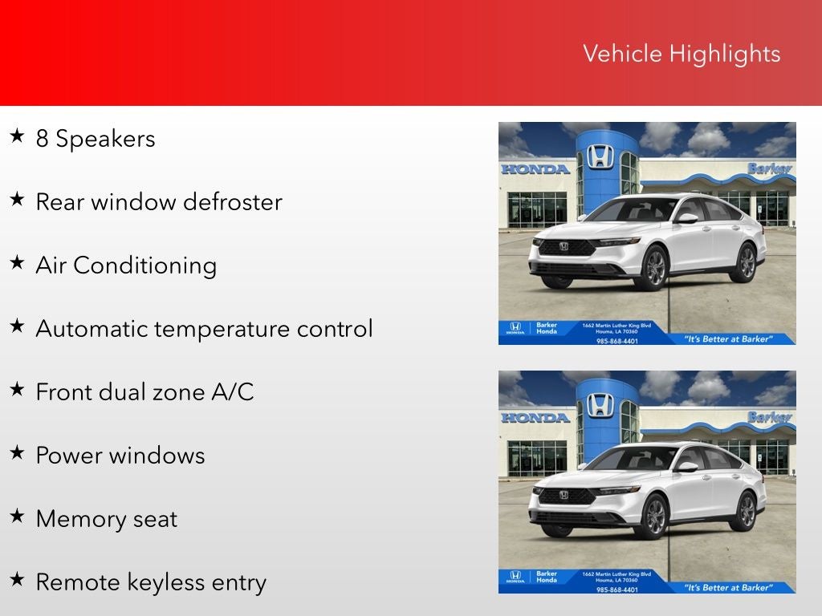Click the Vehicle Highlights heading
pyautogui.click(x=681, y=54)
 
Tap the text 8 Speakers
pyautogui.click(x=95, y=139)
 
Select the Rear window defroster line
pyautogui.click(x=158, y=201)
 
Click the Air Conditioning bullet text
pyautogui.click(x=126, y=265)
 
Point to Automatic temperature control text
pyautogui.click(x=204, y=329)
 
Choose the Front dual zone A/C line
pyautogui.click(x=144, y=392)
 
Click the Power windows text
pyautogui.click(x=120, y=456)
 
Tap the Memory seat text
pyautogui.click(x=106, y=519)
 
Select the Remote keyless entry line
pyautogui.click(x=150, y=582)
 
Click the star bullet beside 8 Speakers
pyautogui.click(x=17, y=136)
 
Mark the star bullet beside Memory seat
pyautogui.click(x=17, y=517)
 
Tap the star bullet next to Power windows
pyautogui.click(x=17, y=453)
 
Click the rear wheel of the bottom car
pyautogui.click(x=746, y=510)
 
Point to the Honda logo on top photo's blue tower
pyautogui.click(x=600, y=156)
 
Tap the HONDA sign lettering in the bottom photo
pyautogui.click(x=535, y=418)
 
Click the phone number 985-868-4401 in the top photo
pyautogui.click(x=617, y=340)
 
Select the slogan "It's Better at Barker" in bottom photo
pyautogui.click(x=728, y=588)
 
